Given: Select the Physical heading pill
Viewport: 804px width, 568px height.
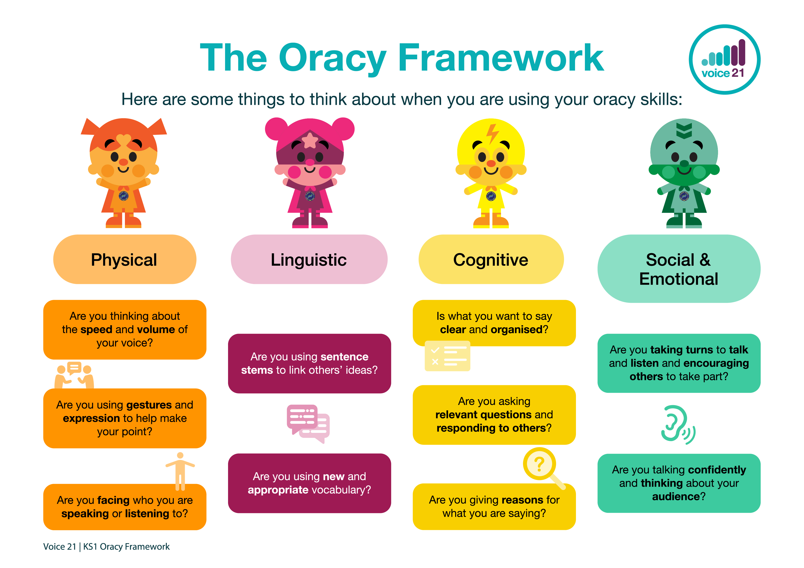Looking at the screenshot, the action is [x=125, y=259].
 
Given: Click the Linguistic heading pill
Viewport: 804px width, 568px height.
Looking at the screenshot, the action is [x=309, y=259].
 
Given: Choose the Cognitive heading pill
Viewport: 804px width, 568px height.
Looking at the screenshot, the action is [x=491, y=259].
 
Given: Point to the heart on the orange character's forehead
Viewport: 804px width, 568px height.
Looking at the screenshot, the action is [x=123, y=140].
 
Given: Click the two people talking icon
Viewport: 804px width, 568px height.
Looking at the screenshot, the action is [x=74, y=375].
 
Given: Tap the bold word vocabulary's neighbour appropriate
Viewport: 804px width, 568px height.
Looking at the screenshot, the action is [x=278, y=490].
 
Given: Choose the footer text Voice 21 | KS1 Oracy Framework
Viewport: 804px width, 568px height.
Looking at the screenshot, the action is [x=106, y=547].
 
